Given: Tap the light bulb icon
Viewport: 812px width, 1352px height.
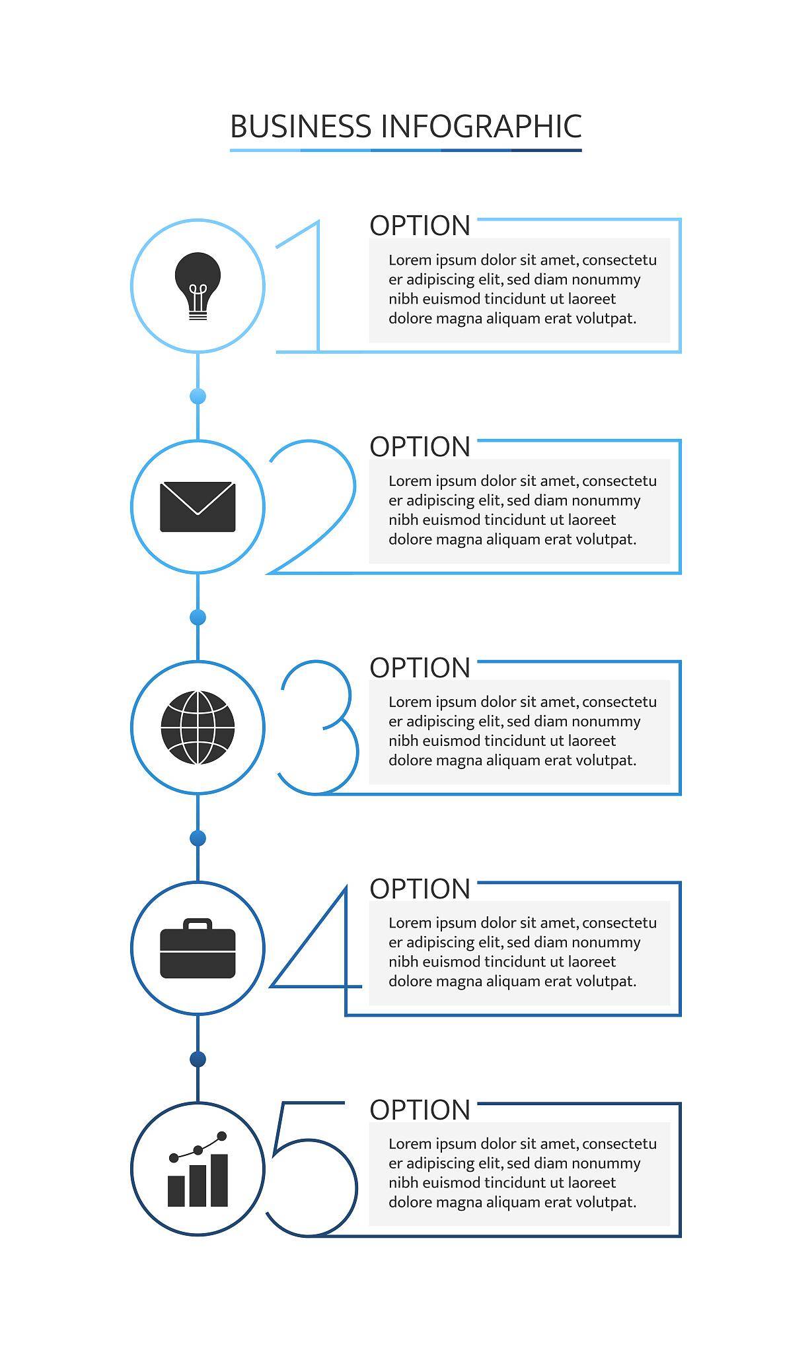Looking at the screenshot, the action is click(198, 286).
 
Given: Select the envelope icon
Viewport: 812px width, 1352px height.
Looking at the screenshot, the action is click(198, 507).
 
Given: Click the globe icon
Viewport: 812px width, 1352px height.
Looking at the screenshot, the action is click(198, 727).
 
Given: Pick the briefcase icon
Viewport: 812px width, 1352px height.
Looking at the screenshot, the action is click(198, 948).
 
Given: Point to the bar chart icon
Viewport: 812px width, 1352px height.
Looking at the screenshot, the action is click(198, 1169).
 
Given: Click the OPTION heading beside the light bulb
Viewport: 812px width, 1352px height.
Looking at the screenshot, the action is click(420, 226).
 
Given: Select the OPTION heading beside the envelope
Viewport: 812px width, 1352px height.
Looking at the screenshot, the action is click(420, 447).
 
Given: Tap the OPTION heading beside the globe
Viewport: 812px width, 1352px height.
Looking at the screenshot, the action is click(420, 668).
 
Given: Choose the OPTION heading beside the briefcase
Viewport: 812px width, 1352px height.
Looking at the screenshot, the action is click(420, 889).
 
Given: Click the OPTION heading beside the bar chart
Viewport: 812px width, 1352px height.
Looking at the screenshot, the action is click(420, 1110).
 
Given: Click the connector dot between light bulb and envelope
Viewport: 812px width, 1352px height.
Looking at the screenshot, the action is click(198, 396).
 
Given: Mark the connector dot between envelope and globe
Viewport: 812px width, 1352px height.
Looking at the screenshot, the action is click(198, 617).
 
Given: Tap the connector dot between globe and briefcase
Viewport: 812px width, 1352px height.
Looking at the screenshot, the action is click(198, 838).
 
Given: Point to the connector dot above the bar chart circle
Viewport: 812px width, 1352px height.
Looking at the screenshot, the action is click(198, 1059).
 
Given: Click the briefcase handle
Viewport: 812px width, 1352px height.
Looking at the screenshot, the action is click(198, 924).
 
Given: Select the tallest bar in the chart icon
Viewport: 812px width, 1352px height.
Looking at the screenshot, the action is click(219, 1180).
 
